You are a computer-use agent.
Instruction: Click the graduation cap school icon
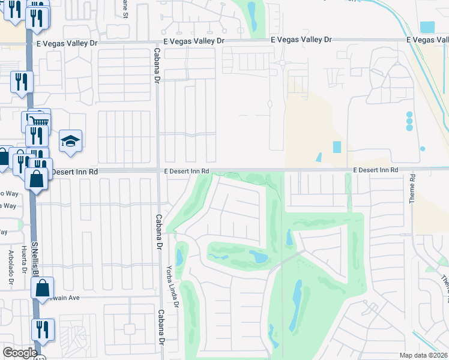(70, 142)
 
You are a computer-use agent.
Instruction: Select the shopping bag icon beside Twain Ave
(44, 289)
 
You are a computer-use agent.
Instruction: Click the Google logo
(20, 353)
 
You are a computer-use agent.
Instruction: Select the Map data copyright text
(424, 355)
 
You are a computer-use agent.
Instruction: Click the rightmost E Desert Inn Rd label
(375, 170)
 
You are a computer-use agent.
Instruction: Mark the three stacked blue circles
(409, 121)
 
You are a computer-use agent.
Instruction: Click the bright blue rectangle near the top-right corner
(427, 27)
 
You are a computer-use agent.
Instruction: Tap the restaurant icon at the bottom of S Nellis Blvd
(43, 329)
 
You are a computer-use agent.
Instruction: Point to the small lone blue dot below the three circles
(423, 149)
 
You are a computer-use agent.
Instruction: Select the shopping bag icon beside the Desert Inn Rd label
(37, 178)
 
